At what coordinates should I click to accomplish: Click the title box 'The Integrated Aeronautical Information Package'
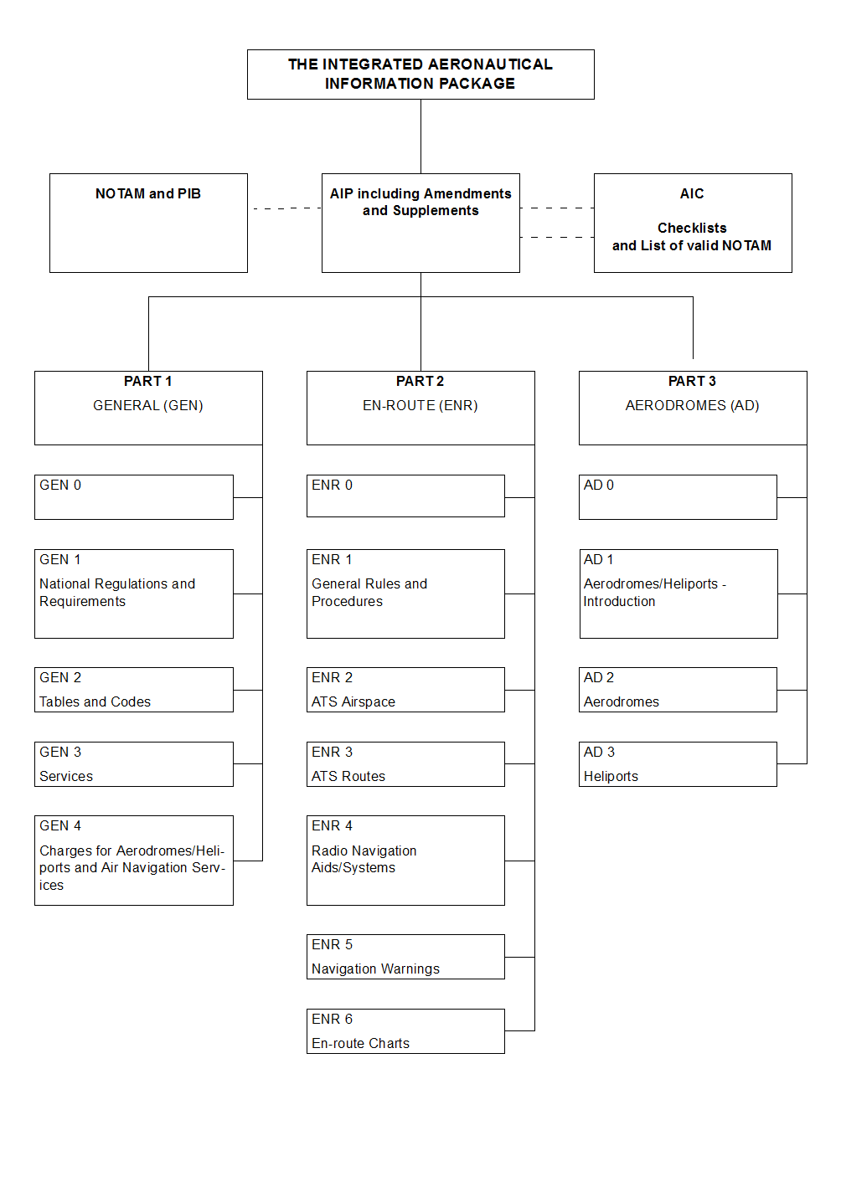(420, 75)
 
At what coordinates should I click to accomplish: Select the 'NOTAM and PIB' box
(148, 224)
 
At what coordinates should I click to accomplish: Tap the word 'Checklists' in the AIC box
(692, 228)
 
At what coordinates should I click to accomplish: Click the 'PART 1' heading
(148, 381)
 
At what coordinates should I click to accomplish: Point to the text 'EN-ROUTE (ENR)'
(420, 405)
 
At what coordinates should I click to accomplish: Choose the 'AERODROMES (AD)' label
(692, 405)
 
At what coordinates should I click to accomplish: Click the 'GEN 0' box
(134, 497)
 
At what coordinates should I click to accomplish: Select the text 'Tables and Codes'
(95, 701)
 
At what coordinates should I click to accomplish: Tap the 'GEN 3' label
(60, 752)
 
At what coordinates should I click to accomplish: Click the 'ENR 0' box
(405, 496)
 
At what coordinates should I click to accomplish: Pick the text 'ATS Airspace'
(353, 701)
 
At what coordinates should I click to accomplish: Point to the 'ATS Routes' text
(348, 776)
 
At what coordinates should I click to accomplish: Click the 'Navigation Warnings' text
(375, 969)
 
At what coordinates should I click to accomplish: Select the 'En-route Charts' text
(360, 1043)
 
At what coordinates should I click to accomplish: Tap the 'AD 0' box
(678, 497)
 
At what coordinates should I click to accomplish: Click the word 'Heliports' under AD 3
(611, 776)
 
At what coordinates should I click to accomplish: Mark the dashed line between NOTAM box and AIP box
(286, 208)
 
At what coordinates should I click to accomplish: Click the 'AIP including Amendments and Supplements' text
(420, 202)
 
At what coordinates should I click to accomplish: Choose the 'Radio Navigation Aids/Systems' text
(364, 859)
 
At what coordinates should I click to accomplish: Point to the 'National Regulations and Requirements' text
(117, 593)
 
